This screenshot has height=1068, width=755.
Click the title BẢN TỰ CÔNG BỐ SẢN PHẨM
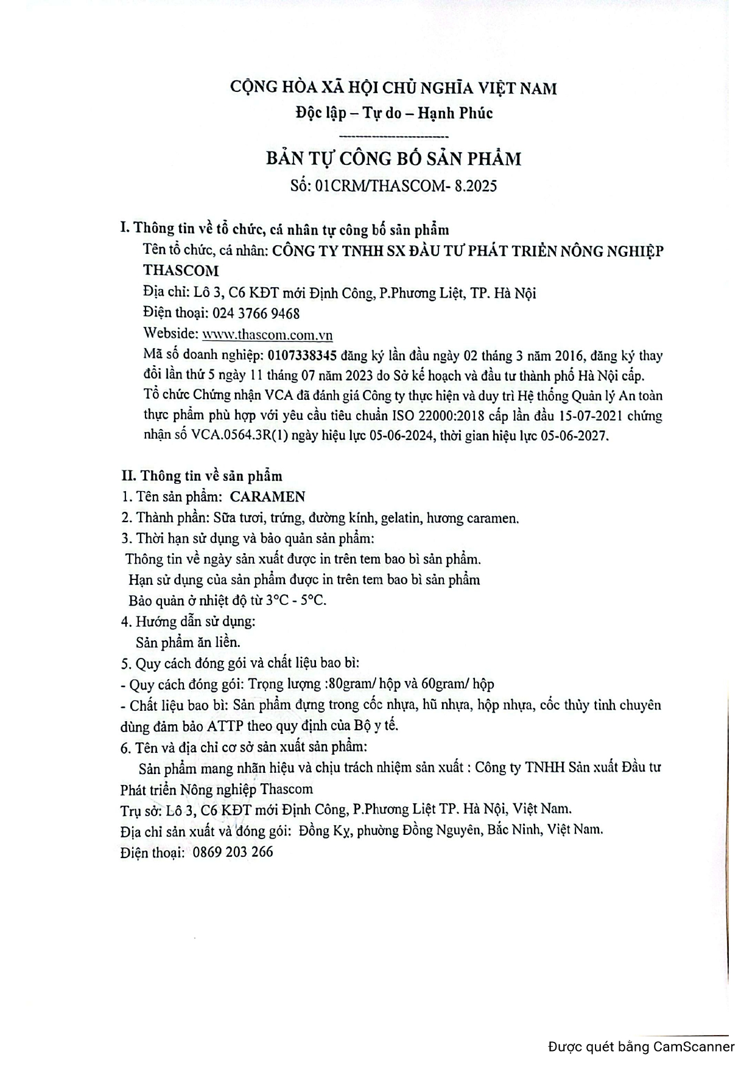[393, 159]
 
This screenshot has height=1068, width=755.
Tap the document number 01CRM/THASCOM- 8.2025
[406, 186]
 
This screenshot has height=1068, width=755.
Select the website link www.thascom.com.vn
[267, 335]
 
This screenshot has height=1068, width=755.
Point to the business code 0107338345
[302, 355]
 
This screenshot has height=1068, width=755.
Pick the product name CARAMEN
[267, 497]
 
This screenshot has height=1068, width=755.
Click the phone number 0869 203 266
[233, 852]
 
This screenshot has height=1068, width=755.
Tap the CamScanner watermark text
[641, 1047]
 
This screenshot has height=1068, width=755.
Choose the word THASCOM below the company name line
[181, 270]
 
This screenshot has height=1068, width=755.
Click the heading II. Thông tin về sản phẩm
[202, 475]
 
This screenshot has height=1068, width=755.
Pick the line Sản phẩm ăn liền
[188, 642]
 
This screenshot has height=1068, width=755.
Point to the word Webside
[170, 334]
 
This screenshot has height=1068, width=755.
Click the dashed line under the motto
[393, 136]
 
